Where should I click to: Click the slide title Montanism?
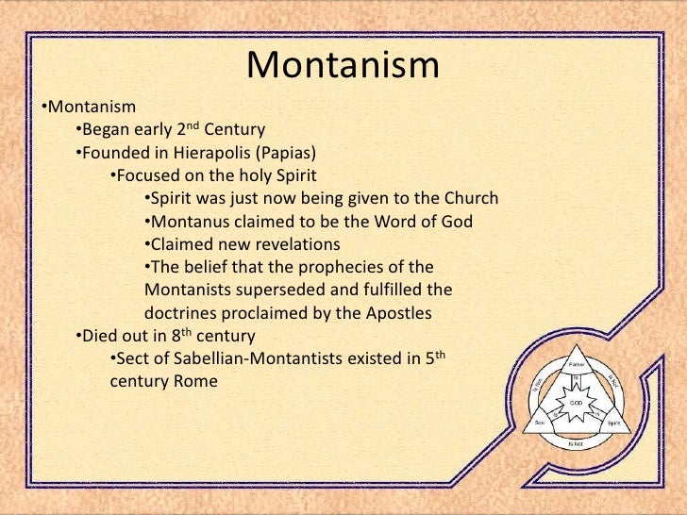click(343, 66)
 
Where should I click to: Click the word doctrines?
click(183, 312)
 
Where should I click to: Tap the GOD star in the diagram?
click(575, 401)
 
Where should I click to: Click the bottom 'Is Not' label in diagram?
click(575, 442)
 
